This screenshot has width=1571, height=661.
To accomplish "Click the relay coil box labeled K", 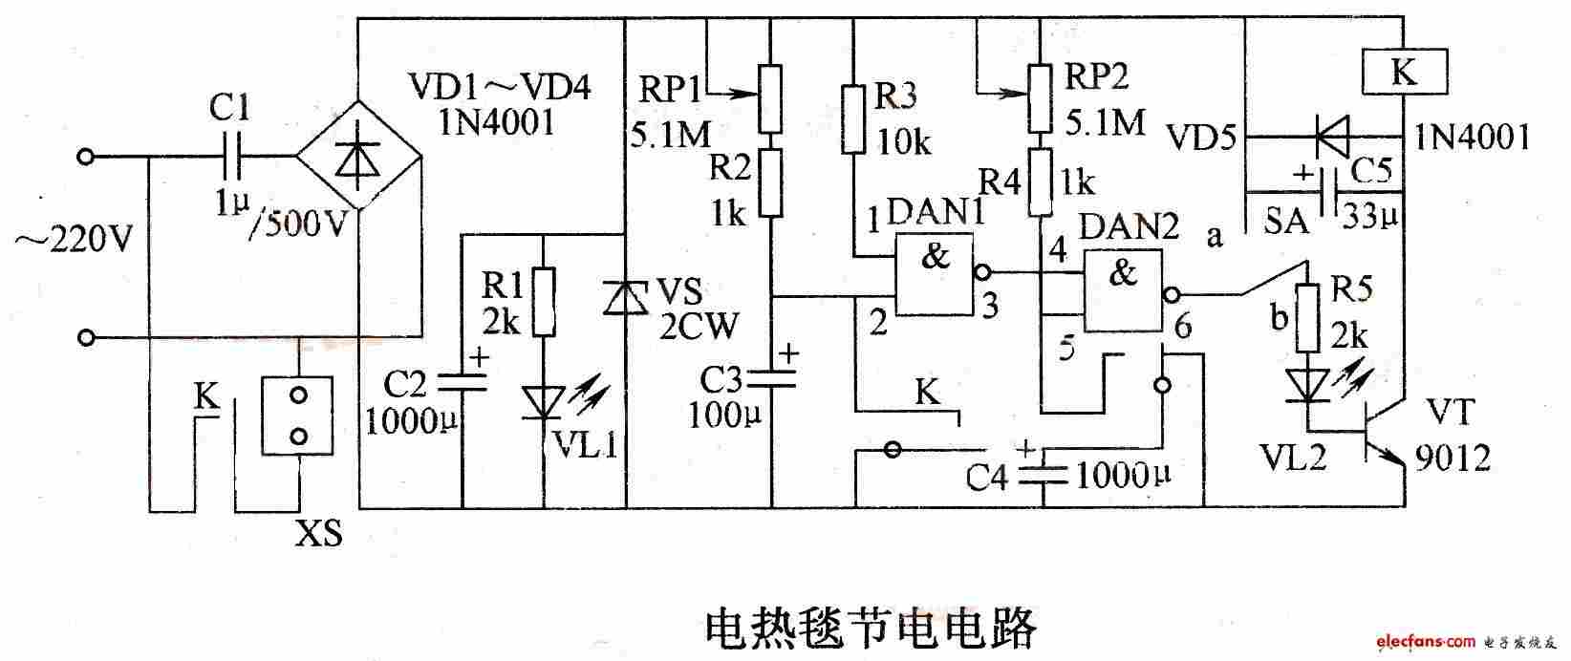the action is pos(1404,72).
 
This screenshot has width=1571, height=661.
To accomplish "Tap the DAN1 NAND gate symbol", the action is pos(934,275).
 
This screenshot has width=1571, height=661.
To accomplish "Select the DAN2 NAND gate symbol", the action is pos(1123,291).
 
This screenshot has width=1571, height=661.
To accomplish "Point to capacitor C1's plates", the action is pos(231,156).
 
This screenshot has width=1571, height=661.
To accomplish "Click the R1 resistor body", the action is pos(545,302).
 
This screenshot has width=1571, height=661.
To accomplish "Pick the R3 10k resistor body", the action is pos(853,119).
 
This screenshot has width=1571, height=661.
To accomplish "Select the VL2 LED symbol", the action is pos(1307,387).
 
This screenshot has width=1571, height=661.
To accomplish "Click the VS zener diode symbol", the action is pos(625,298).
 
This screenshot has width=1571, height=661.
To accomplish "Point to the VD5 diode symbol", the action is pos(1330,136).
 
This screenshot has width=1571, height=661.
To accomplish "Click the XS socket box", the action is pos(297,416).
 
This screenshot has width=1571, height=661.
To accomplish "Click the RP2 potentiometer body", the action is pos(1040,98).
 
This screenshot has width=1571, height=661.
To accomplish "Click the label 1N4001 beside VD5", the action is pos(1472,138).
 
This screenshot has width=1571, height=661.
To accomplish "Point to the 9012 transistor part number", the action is pos(1453,458).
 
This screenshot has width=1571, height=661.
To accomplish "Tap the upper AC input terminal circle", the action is pos(86,157).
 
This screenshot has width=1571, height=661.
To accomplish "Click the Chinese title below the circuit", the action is pos(871,629).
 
